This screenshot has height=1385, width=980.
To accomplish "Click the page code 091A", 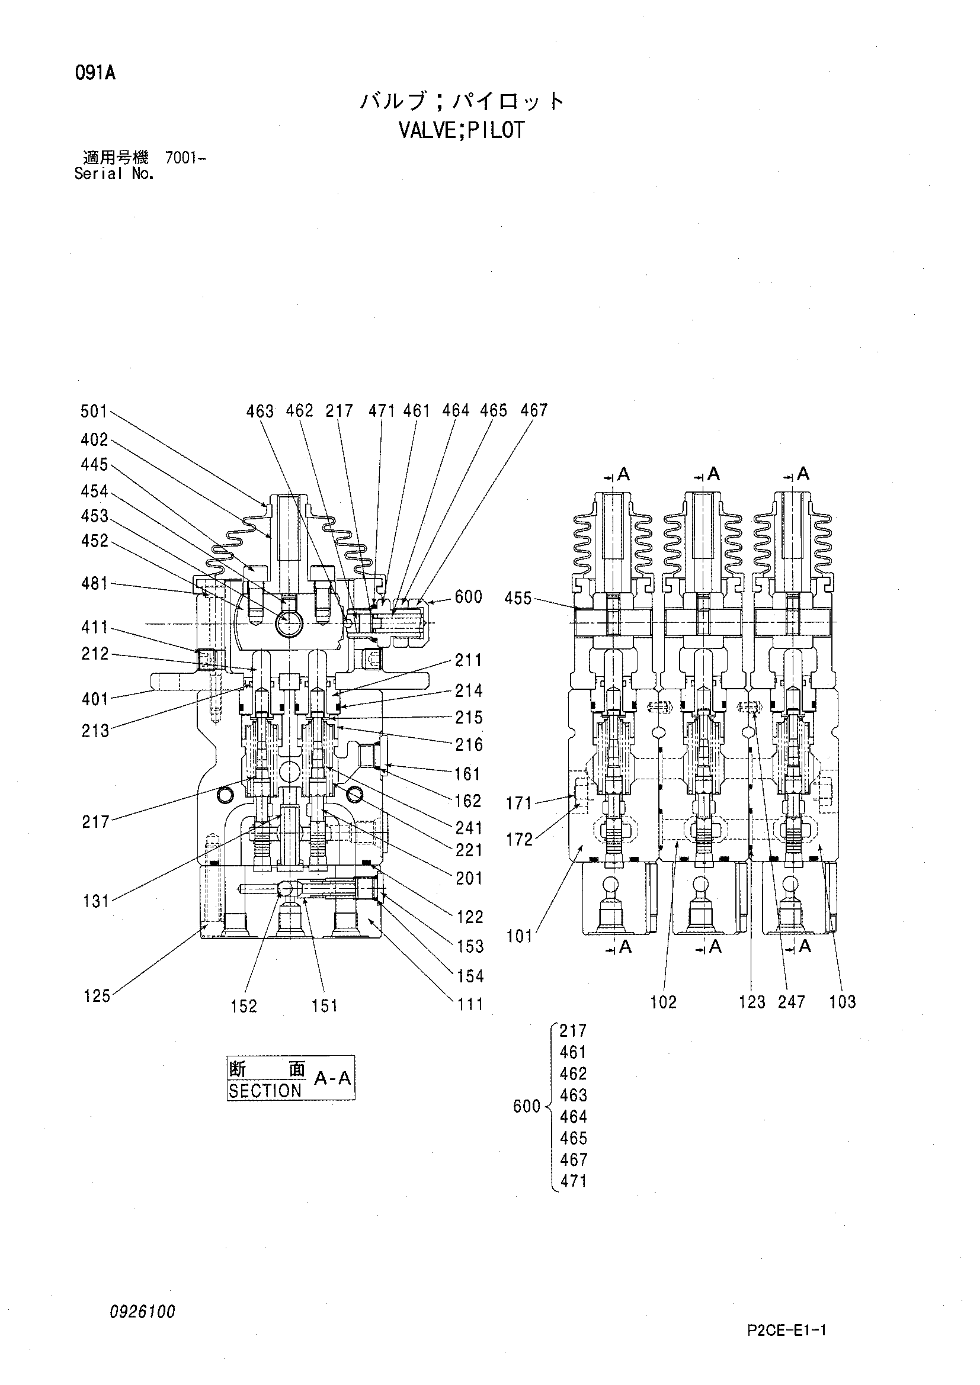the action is [95, 73].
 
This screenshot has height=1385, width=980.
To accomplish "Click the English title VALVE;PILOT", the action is [462, 130].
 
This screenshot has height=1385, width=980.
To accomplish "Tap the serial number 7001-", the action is [185, 159].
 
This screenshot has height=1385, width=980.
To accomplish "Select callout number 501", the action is [94, 412].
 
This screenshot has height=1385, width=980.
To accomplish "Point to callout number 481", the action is [94, 584].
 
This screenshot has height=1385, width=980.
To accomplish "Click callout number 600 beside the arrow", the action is [468, 597].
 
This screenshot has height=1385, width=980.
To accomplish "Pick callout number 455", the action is [518, 599].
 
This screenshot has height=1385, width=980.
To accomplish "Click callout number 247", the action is [792, 1001].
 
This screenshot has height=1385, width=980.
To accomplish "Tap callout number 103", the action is [843, 1001].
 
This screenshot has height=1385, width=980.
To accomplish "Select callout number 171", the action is [519, 804].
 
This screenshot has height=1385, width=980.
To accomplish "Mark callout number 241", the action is [469, 828].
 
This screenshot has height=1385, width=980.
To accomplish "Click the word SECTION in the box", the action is [265, 1091].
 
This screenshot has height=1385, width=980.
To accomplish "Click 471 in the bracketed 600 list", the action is [574, 1181].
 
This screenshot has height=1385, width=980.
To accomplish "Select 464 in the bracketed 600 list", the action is [574, 1117].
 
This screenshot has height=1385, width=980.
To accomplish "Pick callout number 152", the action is [244, 1006].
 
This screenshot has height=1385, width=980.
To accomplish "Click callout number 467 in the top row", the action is [533, 411].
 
